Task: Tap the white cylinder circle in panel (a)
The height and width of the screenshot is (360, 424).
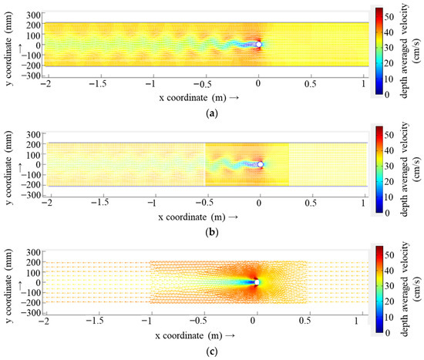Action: pyautogui.click(x=259, y=45)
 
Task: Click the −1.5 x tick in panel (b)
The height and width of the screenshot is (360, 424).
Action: pyautogui.click(x=99, y=201)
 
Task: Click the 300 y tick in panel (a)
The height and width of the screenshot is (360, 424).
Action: pyautogui.click(x=32, y=15)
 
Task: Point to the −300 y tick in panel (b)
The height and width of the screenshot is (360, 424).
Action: pyautogui.click(x=31, y=195)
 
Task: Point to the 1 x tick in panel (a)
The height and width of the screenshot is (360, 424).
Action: pyautogui.click(x=362, y=82)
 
